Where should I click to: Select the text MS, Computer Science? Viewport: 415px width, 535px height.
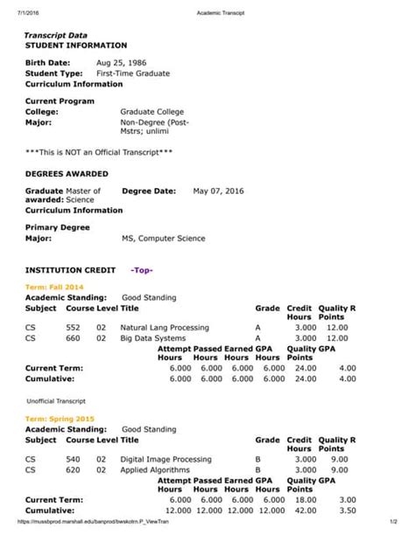point(162,238)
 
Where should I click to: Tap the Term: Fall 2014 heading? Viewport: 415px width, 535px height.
point(55,287)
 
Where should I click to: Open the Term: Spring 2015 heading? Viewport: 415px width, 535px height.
point(60,419)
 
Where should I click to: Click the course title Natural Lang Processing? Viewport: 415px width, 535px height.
point(165,327)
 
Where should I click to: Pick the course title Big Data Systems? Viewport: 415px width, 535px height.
point(152,337)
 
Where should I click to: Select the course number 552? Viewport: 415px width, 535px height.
point(73,327)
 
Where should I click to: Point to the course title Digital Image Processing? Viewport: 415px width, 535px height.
point(165,459)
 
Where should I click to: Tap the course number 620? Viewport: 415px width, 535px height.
point(73,469)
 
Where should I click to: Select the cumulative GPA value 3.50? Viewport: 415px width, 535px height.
point(347,510)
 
